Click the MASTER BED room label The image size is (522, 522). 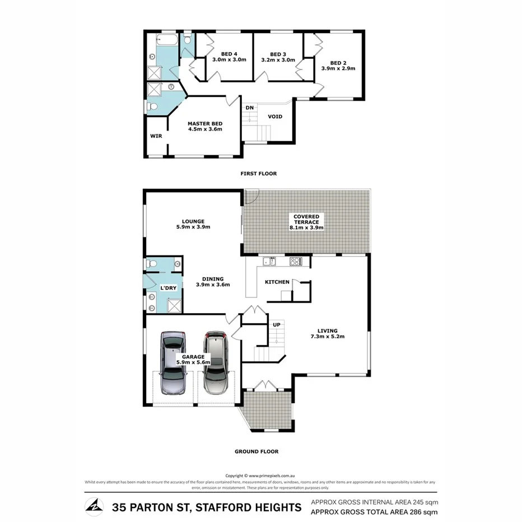click(205, 123)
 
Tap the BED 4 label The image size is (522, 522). click(229, 54)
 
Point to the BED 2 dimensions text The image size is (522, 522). click(338, 68)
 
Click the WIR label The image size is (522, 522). click(156, 136)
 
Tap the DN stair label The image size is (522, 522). click(250, 108)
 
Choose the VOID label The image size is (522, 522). click(274, 116)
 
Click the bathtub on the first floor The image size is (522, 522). click(166, 40)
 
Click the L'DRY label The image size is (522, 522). click(169, 287)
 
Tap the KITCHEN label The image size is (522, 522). click(277, 282)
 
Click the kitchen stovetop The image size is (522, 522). click(295, 261)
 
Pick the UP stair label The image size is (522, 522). click(276, 325)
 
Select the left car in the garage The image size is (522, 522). click(173, 362)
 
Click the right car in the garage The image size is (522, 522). click(215, 362)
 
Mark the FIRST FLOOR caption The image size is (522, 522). click(258, 174)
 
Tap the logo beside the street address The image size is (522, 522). click(94, 507)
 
